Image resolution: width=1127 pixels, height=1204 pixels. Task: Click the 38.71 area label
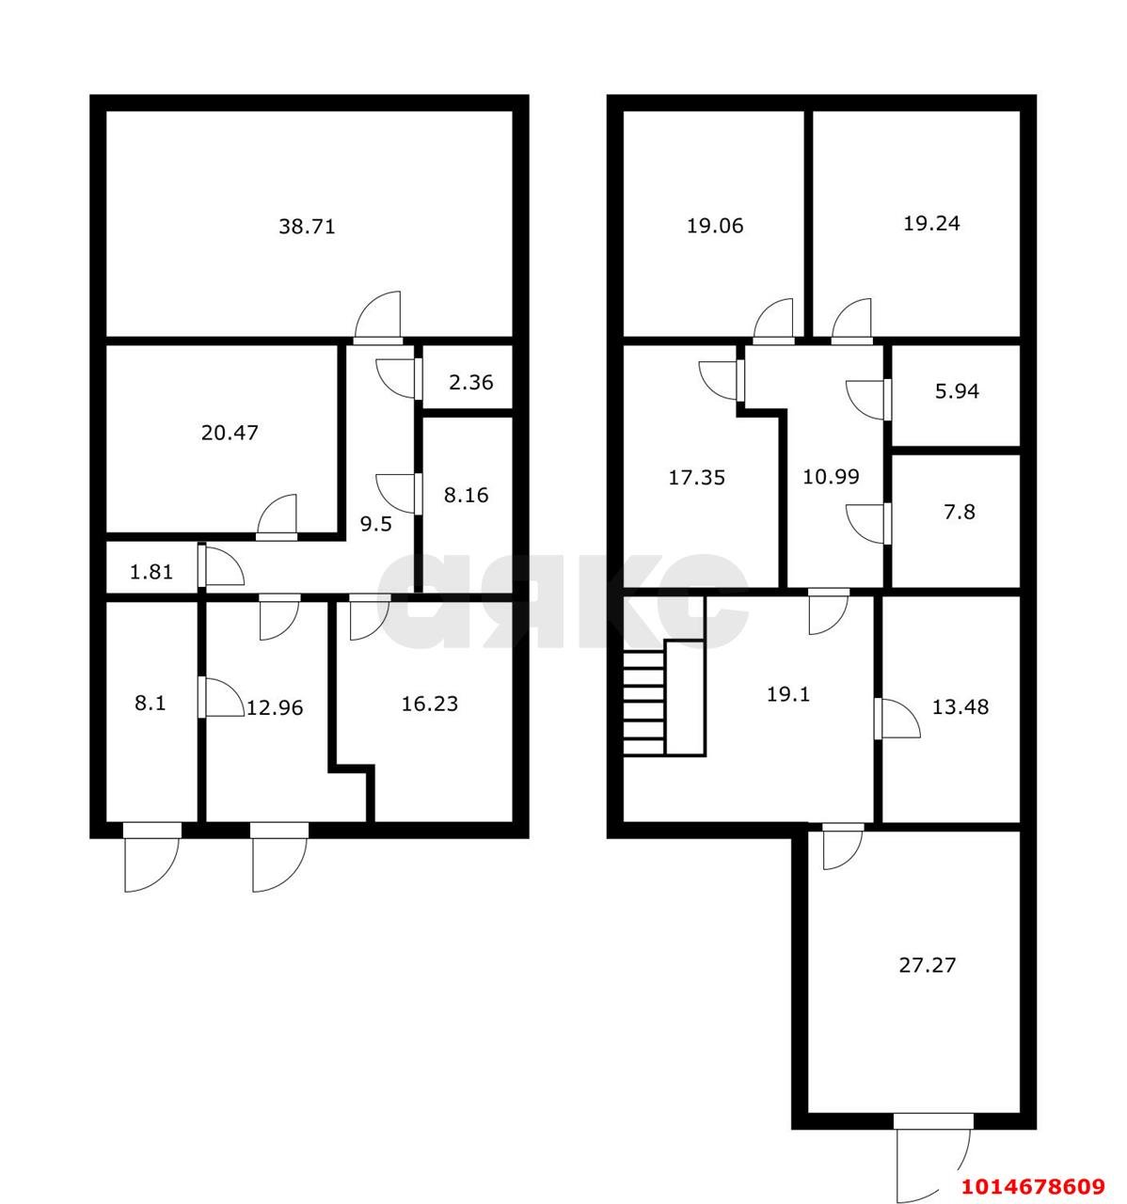307,227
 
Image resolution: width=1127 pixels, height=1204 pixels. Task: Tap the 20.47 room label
230,433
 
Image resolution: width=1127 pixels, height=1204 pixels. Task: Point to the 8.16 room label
466,496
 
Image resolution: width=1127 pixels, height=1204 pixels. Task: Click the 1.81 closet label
151,572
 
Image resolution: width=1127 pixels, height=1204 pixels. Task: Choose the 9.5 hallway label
376,524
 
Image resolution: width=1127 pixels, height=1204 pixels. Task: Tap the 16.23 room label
430,704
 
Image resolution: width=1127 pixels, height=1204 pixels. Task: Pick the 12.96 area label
274,707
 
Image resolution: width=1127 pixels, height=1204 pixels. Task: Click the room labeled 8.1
150,704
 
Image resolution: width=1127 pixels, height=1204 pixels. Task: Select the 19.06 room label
715,226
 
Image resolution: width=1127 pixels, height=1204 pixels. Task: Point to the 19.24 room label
931,224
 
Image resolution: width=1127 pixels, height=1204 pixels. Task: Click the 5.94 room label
957,391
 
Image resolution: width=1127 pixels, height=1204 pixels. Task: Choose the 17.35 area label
696,478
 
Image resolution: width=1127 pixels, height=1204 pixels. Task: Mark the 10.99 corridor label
831,477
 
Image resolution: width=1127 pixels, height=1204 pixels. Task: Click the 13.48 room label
960,707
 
